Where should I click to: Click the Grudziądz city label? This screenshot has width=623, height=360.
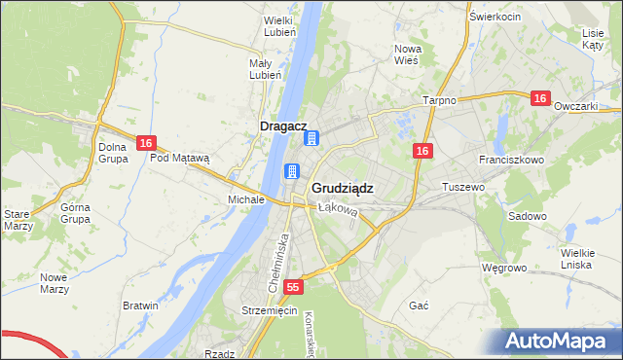(342, 188)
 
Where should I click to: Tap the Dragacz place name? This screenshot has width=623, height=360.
(284, 126)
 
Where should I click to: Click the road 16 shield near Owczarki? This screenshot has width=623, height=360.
(541, 99)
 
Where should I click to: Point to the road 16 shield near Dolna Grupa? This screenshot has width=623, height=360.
(145, 143)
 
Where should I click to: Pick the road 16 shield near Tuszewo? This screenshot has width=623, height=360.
(421, 151)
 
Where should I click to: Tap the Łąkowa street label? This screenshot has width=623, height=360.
(339, 208)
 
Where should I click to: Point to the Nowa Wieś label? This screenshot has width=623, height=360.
(406, 54)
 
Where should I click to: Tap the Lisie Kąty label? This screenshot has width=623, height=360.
(593, 39)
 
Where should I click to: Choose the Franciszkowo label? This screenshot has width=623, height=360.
(510, 159)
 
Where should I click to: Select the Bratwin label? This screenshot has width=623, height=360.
(140, 306)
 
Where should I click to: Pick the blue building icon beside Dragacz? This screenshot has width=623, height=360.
(311, 139)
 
